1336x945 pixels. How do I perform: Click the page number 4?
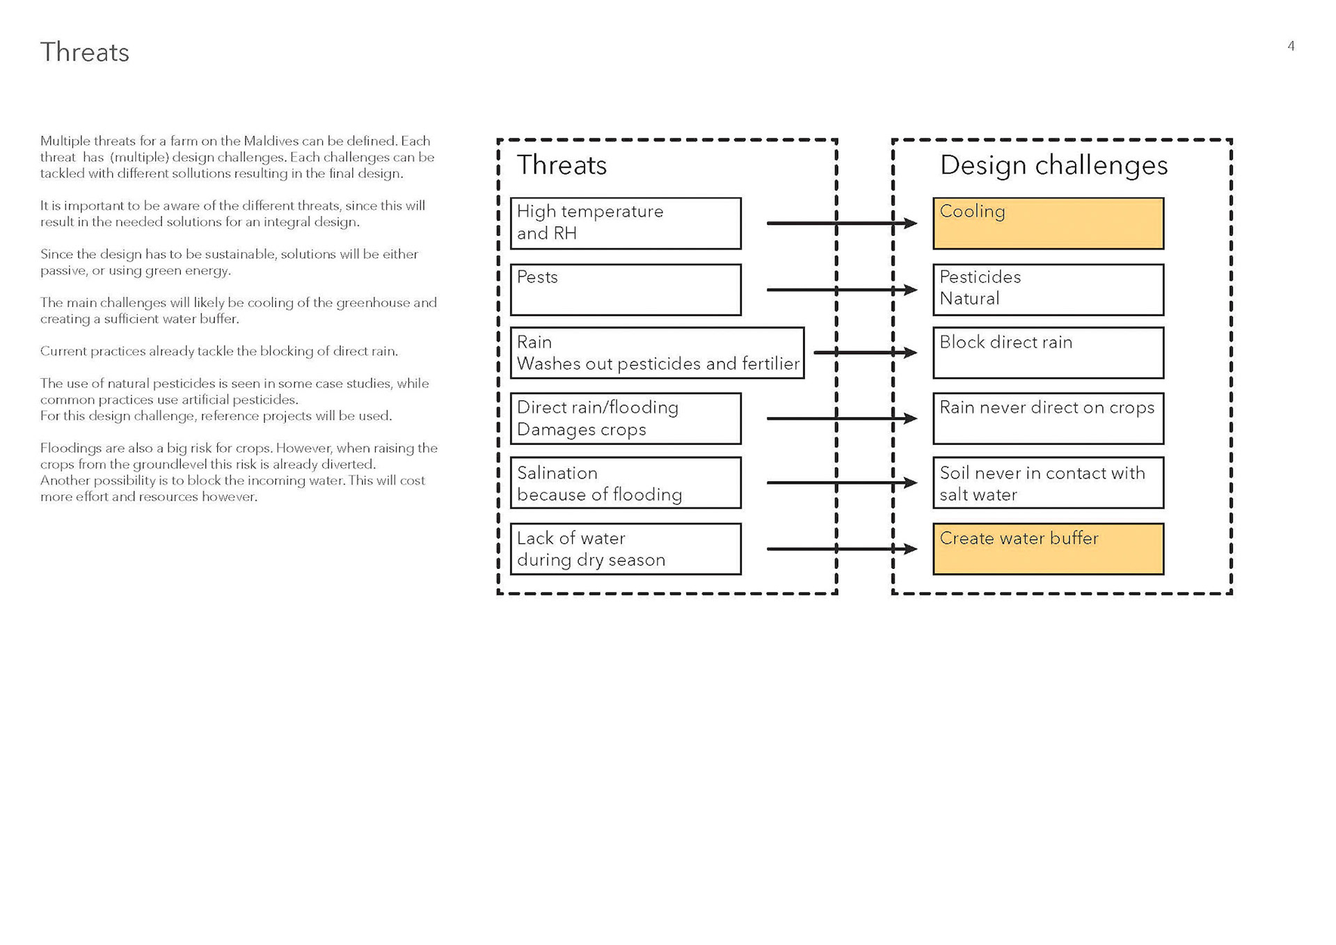(1291, 46)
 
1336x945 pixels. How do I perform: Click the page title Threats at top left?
(84, 52)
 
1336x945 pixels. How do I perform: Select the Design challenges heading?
(1053, 165)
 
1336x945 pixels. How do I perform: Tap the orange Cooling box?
(1048, 224)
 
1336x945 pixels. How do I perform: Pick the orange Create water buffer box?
(1048, 549)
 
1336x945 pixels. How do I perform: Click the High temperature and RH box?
(626, 224)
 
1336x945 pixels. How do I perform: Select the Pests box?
(626, 290)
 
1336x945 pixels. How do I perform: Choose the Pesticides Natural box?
(1048, 290)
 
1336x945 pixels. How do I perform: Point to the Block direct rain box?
(1048, 353)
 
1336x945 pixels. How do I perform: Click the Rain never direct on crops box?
(1048, 419)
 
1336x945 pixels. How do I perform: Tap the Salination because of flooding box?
(626, 483)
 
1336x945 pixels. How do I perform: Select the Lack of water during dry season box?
(626, 549)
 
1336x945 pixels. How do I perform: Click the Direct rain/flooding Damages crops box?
(626, 419)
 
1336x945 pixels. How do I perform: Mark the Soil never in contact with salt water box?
(1048, 483)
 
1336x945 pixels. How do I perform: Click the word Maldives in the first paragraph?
(271, 141)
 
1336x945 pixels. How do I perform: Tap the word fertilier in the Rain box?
(771, 364)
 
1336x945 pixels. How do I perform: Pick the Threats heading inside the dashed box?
(562, 165)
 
